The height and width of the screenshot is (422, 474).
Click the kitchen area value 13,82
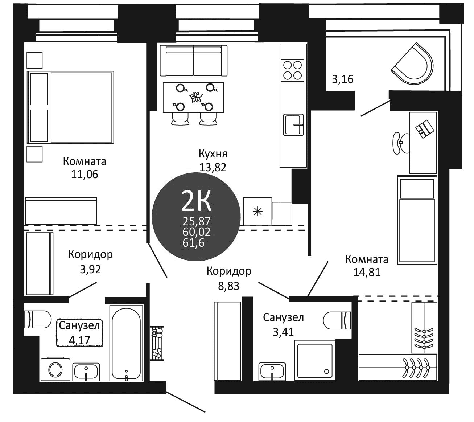coord(213,168)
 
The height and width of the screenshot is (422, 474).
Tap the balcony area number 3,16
coord(342,79)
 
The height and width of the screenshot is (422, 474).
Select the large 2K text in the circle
coord(196,201)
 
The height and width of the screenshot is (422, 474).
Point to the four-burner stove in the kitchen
coord(292,70)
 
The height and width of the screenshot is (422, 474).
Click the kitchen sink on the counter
coord(293,124)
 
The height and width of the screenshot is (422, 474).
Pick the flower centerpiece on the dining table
coord(195,97)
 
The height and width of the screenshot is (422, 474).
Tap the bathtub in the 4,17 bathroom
coord(126,346)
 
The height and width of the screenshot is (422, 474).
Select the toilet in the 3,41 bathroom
coord(337,320)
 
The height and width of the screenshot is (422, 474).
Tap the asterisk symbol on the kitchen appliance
coord(258,212)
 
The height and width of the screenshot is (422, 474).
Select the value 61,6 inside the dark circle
coord(194,243)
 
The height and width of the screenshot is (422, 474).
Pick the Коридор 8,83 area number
coord(228,286)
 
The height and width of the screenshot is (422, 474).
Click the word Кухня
coord(213,154)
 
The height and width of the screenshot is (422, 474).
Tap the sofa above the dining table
coord(194,60)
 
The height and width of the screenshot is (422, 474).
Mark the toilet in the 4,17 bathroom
coord(38,319)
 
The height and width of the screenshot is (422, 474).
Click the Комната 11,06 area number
coord(85,175)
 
